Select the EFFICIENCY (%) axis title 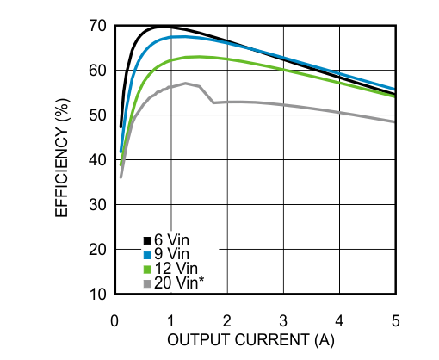tap(63, 160)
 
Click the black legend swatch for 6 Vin tap(147, 240)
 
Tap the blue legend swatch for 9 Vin tap(147, 254)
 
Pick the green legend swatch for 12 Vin tap(147, 268)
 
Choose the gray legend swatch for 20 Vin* tap(147, 282)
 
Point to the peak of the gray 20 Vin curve tap(185, 84)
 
